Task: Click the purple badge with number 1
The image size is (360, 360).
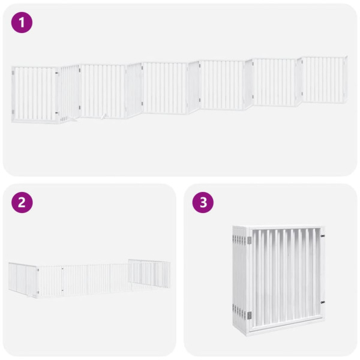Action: (22, 23)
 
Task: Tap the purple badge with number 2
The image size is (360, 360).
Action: (22, 202)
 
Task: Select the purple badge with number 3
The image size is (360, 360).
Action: (203, 202)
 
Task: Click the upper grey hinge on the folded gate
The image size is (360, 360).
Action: (249, 240)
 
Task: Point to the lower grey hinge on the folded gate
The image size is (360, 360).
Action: (249, 314)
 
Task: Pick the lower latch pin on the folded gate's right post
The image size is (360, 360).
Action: (322, 302)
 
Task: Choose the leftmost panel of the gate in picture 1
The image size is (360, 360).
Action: (35, 94)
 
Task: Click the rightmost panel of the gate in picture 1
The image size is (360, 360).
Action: (325, 80)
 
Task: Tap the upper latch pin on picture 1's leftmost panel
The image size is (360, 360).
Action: (58, 74)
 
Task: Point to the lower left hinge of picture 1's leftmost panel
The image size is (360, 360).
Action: (13, 111)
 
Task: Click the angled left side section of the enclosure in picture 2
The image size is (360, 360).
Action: (23, 278)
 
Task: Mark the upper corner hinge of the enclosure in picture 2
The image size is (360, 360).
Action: (37, 271)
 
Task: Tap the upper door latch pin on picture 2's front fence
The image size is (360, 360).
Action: (62, 271)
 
